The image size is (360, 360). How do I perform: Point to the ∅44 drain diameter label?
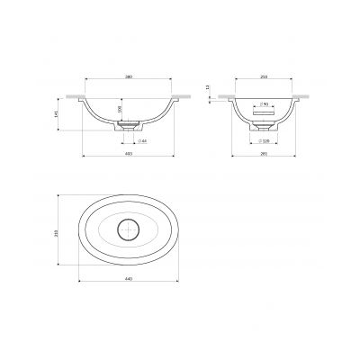pos(141,142)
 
